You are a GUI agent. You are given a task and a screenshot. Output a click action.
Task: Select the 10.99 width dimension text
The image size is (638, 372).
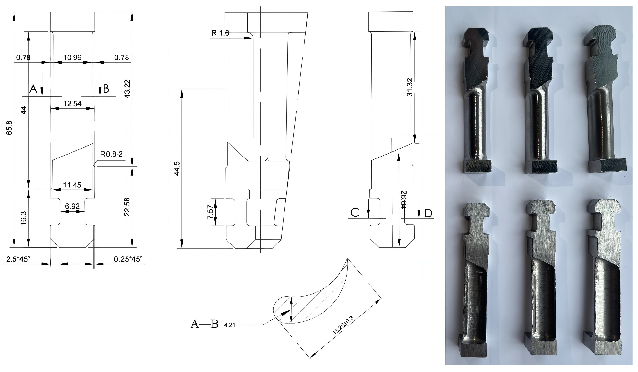(72, 57)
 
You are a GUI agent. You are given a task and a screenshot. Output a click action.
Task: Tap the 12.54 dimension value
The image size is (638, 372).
(72, 104)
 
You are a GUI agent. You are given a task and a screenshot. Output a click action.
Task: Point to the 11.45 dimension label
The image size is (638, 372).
(72, 185)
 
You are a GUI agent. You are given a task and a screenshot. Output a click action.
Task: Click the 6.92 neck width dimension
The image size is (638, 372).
(72, 206)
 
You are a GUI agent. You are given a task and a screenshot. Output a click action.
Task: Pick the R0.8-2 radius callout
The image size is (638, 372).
(111, 154)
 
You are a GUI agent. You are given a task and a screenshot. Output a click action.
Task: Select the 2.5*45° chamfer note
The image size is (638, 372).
(18, 259)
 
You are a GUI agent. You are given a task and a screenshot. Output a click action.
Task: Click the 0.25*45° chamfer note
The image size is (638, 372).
(128, 259)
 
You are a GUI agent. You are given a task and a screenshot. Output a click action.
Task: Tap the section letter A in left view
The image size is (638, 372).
(33, 89)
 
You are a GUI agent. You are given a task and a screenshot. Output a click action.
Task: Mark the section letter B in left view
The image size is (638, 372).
(106, 89)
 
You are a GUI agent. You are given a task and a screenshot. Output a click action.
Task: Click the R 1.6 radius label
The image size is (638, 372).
(220, 33)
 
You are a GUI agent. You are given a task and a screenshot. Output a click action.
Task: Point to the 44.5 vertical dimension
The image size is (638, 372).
(177, 168)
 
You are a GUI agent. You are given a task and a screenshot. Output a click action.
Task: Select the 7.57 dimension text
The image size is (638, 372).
(210, 212)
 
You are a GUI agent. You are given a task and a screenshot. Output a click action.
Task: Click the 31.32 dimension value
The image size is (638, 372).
(410, 87)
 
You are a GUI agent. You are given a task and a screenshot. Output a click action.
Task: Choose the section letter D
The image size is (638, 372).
(428, 214)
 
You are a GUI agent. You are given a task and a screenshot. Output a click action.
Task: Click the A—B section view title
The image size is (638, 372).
(204, 324)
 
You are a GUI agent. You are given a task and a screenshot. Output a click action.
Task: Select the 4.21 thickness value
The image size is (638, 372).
(229, 325)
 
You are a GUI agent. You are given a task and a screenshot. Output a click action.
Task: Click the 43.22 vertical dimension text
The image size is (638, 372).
(127, 89)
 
